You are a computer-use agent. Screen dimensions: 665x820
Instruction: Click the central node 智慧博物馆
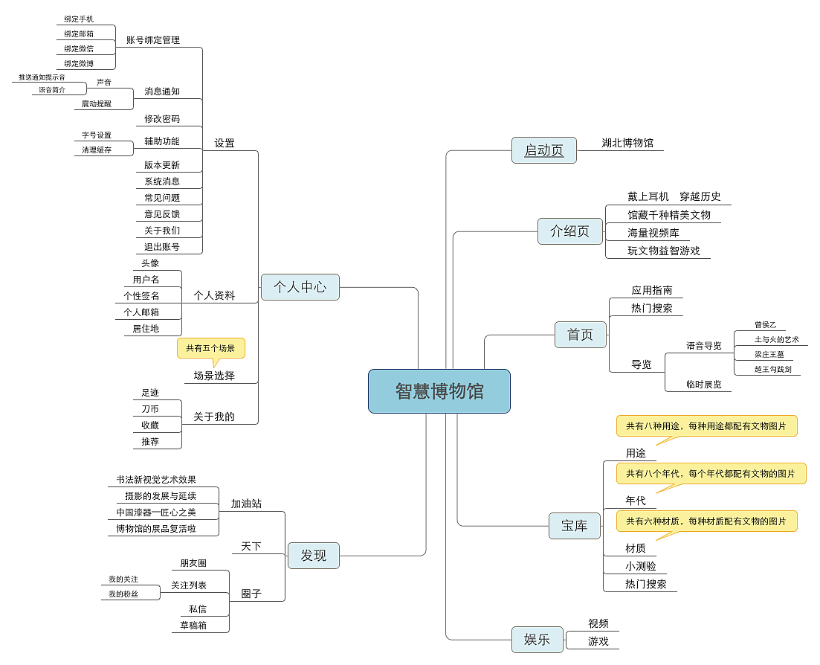click(x=439, y=391)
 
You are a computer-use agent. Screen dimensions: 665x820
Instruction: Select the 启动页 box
click(x=543, y=150)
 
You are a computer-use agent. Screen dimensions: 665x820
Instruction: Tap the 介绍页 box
click(x=569, y=231)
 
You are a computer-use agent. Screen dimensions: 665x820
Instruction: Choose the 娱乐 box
click(x=537, y=639)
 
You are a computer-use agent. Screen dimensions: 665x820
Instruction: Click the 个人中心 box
click(x=300, y=286)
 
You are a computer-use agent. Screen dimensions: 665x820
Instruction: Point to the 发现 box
click(x=313, y=555)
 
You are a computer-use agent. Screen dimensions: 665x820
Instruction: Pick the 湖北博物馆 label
click(x=627, y=143)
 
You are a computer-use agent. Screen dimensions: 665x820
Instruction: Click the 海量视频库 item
click(x=653, y=233)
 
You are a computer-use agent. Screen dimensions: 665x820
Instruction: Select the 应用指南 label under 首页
click(x=651, y=290)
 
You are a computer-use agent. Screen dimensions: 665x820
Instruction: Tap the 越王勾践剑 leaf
click(x=772, y=369)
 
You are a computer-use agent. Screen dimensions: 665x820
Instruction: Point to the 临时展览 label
click(x=703, y=384)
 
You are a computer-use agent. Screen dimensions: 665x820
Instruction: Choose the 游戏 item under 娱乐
click(x=598, y=640)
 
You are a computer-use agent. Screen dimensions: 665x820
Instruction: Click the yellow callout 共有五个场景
click(x=210, y=347)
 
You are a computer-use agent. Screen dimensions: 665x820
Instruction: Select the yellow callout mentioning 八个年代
click(x=710, y=473)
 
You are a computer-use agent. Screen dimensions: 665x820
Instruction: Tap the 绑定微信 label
click(x=79, y=48)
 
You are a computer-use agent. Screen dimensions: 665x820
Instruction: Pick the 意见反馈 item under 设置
click(x=162, y=214)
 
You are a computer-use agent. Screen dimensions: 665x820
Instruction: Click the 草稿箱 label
click(x=193, y=625)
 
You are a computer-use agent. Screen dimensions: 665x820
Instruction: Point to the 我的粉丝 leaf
click(x=123, y=594)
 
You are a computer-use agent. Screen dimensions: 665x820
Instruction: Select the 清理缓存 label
click(x=97, y=150)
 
